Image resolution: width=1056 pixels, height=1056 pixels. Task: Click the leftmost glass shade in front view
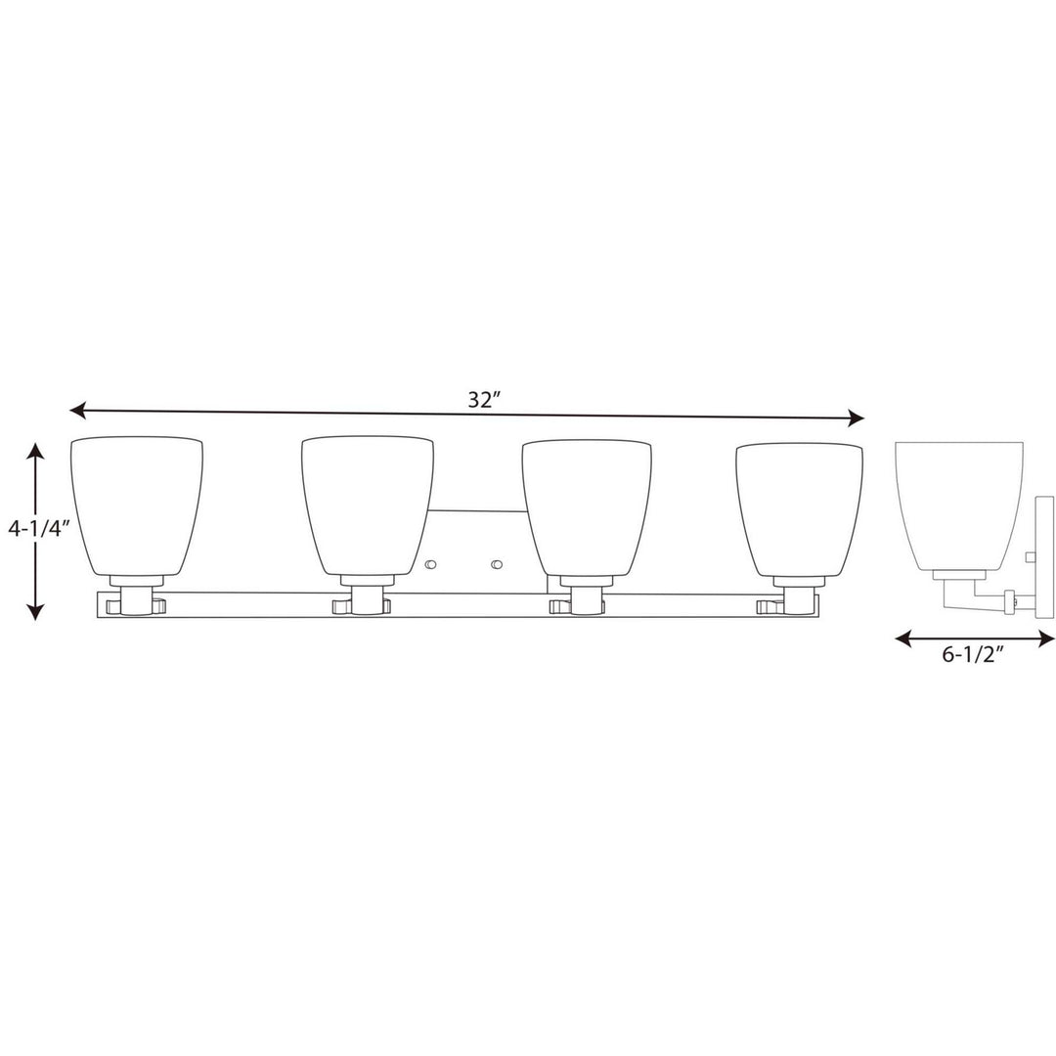point(137,504)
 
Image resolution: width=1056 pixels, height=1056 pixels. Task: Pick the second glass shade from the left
point(367,504)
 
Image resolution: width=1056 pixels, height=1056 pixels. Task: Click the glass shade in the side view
point(958,504)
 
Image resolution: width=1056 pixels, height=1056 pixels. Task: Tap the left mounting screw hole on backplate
point(431,564)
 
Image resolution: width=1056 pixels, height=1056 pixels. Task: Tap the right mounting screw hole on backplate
point(497,564)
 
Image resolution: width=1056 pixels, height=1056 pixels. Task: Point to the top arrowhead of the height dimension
point(35,451)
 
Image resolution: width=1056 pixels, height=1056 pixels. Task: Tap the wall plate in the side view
point(1043,557)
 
